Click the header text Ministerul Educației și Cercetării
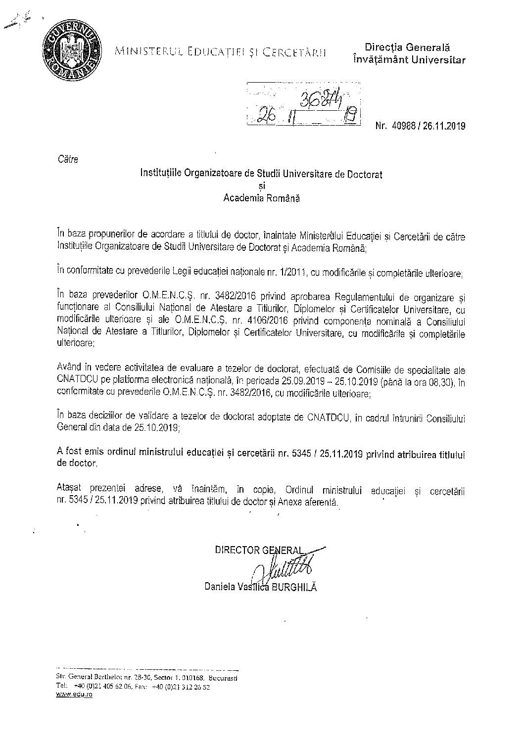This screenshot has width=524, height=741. tap(220, 51)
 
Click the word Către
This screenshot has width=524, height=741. tap(67, 159)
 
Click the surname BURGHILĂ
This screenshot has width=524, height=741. tap(292, 587)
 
